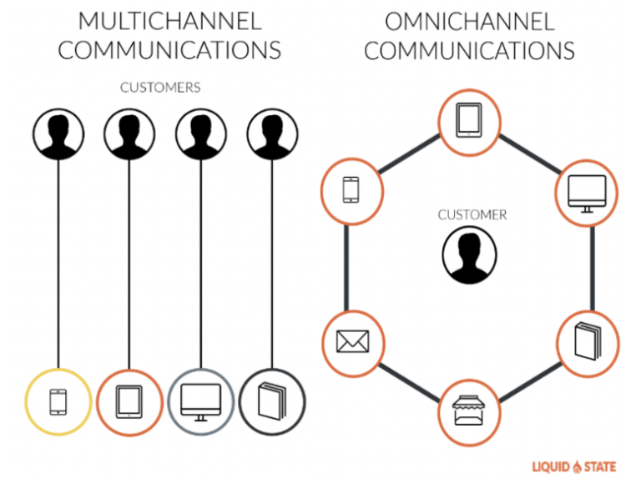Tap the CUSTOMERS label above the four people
pos(160,87)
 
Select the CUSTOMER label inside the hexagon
pos(472,214)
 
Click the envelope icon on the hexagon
pos(352,341)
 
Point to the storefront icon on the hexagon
pos(470,411)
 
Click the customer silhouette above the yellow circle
pos(58,131)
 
